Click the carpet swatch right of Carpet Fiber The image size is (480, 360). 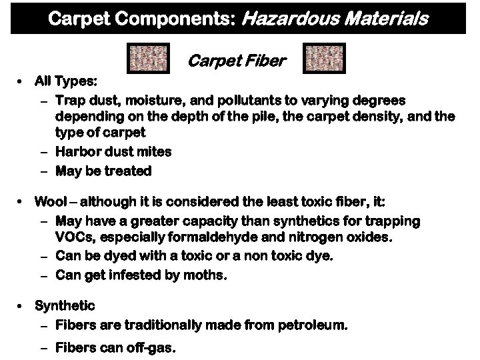[325, 58]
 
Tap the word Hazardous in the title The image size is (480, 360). [287, 19]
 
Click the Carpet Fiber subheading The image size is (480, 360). [237, 61]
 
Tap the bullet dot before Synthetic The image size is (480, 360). [22, 306]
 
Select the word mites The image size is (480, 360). [155, 152]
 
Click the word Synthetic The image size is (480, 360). [65, 306]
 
